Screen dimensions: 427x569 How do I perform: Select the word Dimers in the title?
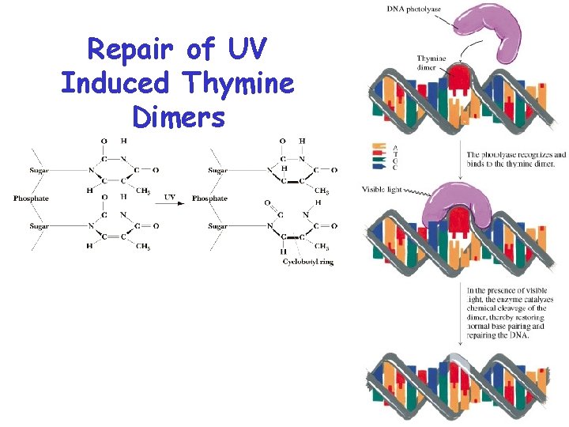[179, 116]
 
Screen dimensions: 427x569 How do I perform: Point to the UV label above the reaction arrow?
[170, 196]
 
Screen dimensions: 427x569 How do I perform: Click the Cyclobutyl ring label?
[308, 262]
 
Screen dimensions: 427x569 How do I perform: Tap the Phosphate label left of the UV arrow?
[32, 198]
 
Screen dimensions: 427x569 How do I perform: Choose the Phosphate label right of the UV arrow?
[209, 198]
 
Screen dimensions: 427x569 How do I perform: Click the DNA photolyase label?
[414, 9]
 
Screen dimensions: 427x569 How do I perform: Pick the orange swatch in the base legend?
[379, 145]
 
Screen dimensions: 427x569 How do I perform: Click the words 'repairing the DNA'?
[497, 334]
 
